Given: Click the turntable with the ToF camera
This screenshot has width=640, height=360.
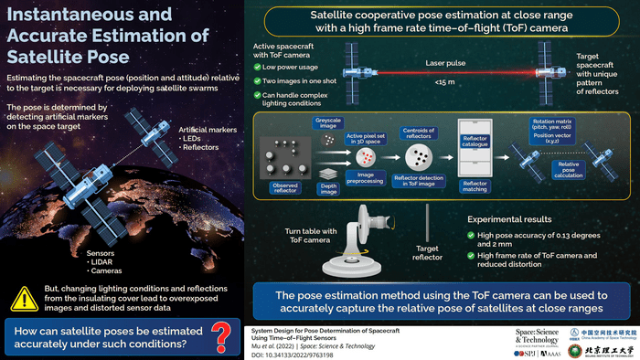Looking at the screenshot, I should [x=353, y=255].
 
